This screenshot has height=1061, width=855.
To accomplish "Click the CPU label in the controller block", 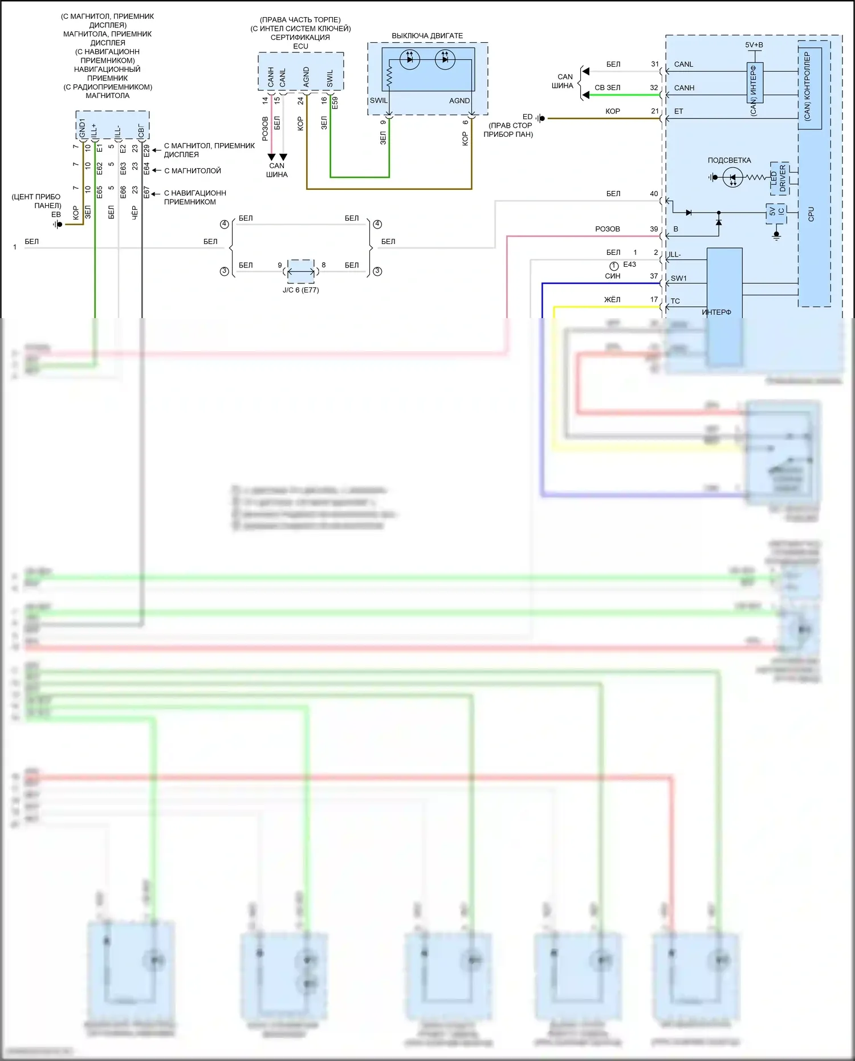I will [811, 214].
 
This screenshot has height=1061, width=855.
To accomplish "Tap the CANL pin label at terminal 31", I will [683, 64].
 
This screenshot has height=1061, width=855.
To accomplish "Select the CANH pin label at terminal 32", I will [684, 88].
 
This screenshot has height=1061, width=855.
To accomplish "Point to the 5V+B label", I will [754, 45].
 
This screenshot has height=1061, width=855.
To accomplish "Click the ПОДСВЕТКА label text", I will [729, 160].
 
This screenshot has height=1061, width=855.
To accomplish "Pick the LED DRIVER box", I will [779, 178].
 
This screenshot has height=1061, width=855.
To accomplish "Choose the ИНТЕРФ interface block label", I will [716, 312].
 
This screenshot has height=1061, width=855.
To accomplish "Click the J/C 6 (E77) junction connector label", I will [300, 290].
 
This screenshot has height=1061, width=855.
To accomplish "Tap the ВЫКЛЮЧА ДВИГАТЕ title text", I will [427, 36].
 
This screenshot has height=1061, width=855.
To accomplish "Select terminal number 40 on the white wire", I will [654, 194].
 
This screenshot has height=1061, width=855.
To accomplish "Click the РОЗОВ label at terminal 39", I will [607, 229].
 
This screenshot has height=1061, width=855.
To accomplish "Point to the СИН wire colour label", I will [612, 276].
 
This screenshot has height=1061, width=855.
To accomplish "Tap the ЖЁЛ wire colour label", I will [612, 300].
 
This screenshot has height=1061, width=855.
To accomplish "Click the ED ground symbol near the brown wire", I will [540, 119].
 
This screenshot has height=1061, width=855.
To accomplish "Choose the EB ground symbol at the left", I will [58, 224].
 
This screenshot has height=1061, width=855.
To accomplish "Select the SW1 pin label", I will [678, 278].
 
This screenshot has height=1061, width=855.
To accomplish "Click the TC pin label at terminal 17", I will [675, 301].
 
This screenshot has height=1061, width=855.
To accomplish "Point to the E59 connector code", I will [335, 103].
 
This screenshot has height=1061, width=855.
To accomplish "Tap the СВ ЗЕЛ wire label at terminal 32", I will [607, 88].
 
